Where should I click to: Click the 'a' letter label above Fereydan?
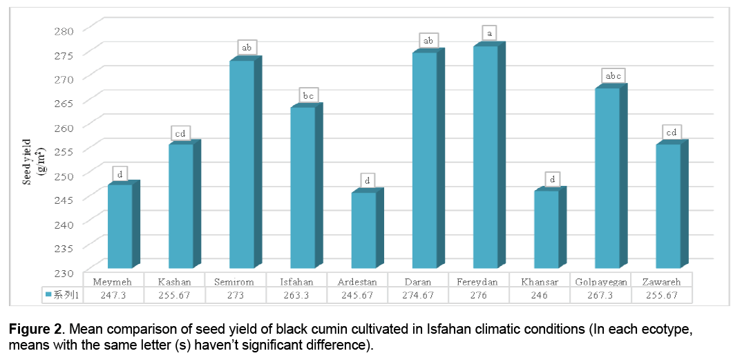[490, 32]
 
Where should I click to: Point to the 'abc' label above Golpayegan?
[612, 75]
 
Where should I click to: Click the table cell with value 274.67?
[428, 294]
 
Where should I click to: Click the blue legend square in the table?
[49, 295]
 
